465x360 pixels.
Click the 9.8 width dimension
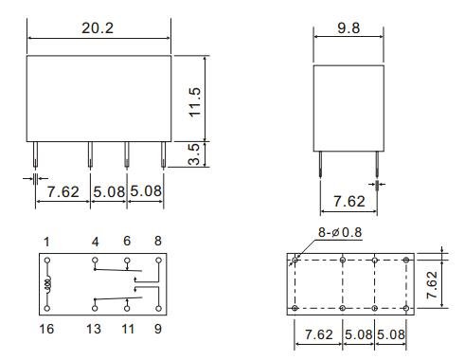(349, 28)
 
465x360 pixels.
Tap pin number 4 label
(95, 242)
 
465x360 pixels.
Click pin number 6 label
(128, 242)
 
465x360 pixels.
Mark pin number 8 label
(159, 242)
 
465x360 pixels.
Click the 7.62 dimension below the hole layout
(318, 335)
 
